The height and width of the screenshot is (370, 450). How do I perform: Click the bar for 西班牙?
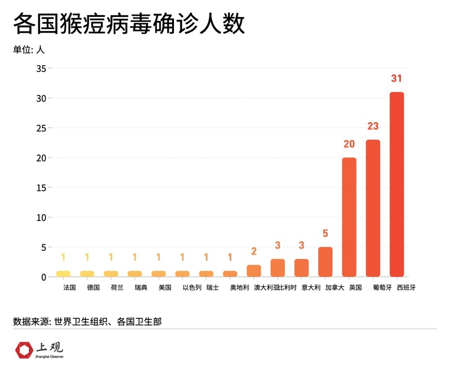coord(396,184)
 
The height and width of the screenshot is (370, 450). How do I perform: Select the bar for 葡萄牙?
coord(373,208)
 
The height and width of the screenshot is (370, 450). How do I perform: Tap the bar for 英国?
coord(349,217)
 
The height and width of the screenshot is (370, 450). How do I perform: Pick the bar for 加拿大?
coord(326,262)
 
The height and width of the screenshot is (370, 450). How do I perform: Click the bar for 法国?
coord(63,274)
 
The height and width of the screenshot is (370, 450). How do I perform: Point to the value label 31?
coord(396,78)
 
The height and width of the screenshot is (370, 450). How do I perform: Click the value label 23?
coord(373,126)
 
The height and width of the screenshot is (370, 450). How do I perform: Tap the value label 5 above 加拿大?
coord(326,233)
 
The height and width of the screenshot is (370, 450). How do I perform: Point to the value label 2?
coord(254,251)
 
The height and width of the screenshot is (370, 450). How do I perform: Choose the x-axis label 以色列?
coord(191,288)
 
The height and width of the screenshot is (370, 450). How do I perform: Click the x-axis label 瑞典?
coord(141,288)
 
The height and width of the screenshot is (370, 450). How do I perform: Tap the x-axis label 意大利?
coord(310,288)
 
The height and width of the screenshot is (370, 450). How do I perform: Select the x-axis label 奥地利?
coord(239,288)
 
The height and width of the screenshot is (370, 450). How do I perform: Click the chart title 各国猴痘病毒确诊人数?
coord(129,25)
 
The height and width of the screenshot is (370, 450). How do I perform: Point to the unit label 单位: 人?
coord(29,49)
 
